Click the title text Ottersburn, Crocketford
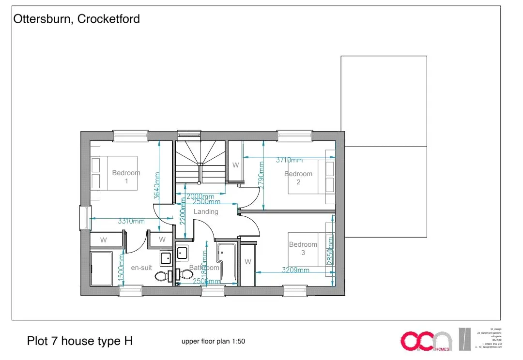pos(77,19)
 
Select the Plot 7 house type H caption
pos(80,341)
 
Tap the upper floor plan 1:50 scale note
pos(213,341)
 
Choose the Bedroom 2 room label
pos(298,178)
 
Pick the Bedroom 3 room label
pos(303,248)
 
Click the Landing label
pos(206,211)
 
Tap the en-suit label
pos(141,268)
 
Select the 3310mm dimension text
pos(131,222)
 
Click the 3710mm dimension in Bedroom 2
pos(289,160)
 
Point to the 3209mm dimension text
pos(295,270)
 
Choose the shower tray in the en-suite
pos(101,269)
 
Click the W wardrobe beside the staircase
pos(235,165)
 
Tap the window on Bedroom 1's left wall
pos(85,218)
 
